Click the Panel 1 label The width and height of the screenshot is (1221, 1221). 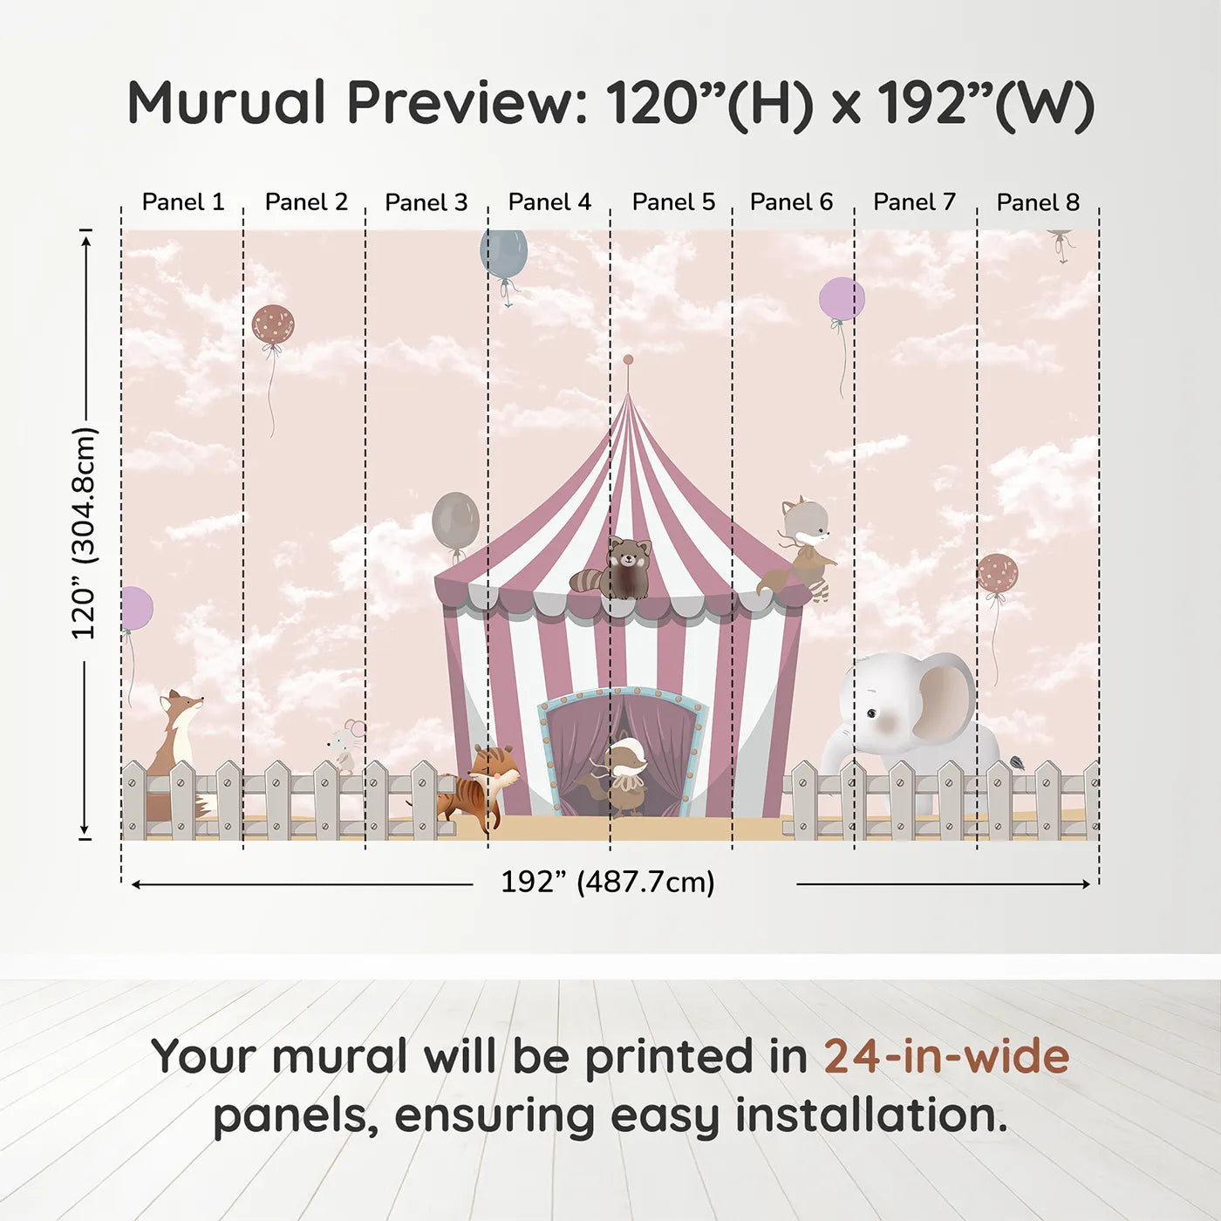(x=182, y=202)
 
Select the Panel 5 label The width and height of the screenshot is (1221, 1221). (x=673, y=202)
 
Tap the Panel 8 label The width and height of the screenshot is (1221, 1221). (x=1038, y=202)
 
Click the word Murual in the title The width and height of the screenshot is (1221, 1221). (x=227, y=103)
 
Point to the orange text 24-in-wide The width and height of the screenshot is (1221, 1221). (x=946, y=1057)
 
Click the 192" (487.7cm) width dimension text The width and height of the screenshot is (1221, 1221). (x=607, y=882)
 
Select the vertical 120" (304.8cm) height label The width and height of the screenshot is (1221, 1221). (x=84, y=534)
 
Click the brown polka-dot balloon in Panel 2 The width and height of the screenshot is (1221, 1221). (x=273, y=325)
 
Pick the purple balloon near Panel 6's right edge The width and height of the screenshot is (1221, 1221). (x=842, y=299)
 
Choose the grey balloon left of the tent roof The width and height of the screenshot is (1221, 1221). (x=455, y=521)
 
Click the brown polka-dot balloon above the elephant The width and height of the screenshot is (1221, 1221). (x=997, y=574)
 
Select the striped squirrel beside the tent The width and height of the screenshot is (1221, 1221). (x=481, y=783)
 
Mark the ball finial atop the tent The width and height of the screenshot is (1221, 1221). (x=628, y=359)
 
